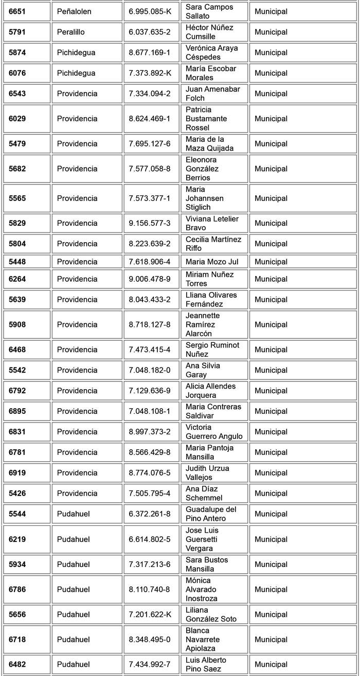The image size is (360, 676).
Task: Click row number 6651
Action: tap(17, 11)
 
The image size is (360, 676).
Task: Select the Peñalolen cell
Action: tap(74, 11)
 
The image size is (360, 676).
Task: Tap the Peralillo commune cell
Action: tap(71, 32)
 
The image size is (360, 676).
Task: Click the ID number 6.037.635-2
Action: tap(150, 32)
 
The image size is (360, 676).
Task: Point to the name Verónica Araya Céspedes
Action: tap(211, 52)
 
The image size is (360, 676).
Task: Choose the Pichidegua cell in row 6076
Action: tap(76, 73)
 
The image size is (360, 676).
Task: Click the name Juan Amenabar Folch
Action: tap(212, 94)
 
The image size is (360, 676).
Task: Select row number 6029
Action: tap(17, 119)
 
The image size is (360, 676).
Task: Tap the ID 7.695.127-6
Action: tap(150, 144)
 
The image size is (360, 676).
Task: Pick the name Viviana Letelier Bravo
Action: tap(212, 223)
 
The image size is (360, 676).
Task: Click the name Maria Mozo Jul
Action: tap(212, 262)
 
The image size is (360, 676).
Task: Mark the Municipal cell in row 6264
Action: tap(271, 279)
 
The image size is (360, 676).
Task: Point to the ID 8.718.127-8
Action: tap(150, 324)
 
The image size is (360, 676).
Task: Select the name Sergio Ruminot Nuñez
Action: tap(212, 350)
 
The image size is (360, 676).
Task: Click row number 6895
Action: tap(17, 411)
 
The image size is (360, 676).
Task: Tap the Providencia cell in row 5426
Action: tap(77, 494)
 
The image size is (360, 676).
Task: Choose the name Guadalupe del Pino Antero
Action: tap(211, 514)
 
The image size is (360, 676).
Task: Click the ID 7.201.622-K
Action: tap(150, 615)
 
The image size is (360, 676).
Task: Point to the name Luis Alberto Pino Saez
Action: tap(206, 665)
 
